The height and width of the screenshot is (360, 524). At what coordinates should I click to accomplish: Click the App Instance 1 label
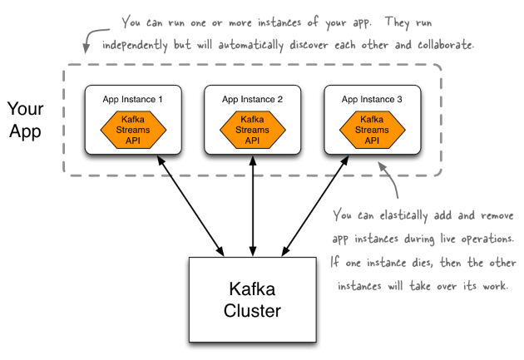pos(132,100)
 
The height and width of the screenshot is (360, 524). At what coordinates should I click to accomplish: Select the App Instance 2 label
pos(252,100)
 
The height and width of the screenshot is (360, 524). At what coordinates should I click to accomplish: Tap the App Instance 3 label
pos(372,100)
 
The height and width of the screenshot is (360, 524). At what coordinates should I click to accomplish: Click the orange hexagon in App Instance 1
pos(133,130)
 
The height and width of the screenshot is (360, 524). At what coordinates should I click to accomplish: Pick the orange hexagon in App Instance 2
pos(253,130)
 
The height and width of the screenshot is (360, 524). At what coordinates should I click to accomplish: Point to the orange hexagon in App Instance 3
pos(373,130)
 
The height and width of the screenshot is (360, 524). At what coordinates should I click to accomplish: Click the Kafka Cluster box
pos(253,299)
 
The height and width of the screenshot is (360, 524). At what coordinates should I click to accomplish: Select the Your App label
pos(26,120)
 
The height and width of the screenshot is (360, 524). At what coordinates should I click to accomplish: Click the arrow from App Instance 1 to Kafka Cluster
pos(190,206)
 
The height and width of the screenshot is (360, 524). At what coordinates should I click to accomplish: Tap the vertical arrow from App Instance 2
pos(253,206)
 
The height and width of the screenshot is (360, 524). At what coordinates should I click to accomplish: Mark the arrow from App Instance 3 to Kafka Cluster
pos(315,206)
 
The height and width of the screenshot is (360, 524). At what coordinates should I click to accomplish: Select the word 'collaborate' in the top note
pos(446,45)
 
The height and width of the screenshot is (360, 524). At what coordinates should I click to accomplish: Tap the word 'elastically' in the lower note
pos(403,215)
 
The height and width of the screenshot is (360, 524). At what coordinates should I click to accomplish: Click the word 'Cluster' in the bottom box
pos(252,311)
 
